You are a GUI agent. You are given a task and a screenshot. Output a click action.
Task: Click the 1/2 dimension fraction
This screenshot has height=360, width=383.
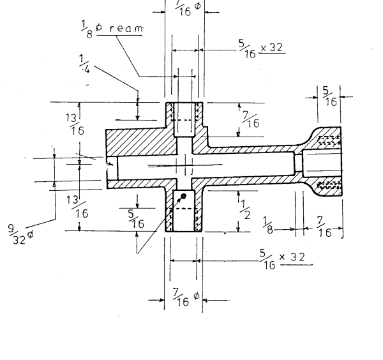[x=244, y=207]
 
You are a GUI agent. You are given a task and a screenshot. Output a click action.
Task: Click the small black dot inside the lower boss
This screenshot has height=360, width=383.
[x=183, y=196]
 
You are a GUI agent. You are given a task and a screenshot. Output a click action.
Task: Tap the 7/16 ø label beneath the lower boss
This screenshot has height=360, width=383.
[x=185, y=298]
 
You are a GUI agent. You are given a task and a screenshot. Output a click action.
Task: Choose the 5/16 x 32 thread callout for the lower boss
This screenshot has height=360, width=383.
[x=280, y=257]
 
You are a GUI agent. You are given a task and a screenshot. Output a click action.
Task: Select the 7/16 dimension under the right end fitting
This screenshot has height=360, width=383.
[x=324, y=227]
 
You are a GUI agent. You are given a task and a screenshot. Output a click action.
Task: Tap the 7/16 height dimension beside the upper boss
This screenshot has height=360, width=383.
[x=250, y=119]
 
